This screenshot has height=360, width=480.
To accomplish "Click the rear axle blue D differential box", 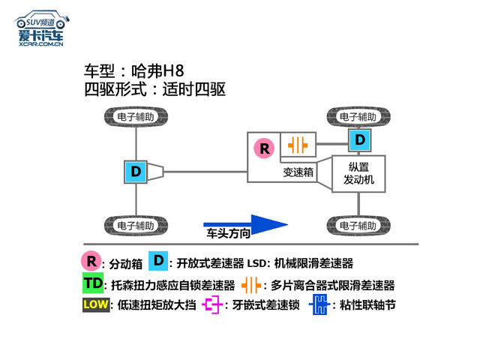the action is [x=136, y=172].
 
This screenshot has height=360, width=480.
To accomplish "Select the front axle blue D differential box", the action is [x=360, y=140].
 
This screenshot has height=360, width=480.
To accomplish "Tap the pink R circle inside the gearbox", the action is [x=264, y=148].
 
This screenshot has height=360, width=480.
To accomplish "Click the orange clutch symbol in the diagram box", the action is [x=298, y=145].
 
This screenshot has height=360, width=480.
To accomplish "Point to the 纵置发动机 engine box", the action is [x=358, y=174].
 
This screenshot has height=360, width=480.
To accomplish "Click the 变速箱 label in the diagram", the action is [x=298, y=172].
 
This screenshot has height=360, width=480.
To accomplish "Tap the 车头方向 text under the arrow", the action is [x=228, y=233].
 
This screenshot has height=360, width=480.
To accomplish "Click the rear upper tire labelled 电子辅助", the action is [x=136, y=117].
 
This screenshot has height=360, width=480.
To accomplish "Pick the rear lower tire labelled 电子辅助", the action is [x=136, y=226].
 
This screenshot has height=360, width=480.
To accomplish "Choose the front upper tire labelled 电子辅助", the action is [x=358, y=117].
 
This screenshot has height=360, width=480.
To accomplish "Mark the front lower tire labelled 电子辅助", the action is [x=358, y=226].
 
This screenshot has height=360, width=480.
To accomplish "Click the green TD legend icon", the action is [x=93, y=283].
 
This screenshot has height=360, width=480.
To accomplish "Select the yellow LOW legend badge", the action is [x=96, y=304].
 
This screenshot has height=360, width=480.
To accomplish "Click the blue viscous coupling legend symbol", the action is [x=319, y=304].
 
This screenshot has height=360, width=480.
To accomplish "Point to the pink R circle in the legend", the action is [x=91, y=261].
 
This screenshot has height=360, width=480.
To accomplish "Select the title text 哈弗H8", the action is [x=157, y=71].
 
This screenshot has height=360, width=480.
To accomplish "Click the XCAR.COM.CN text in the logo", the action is [x=41, y=44].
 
